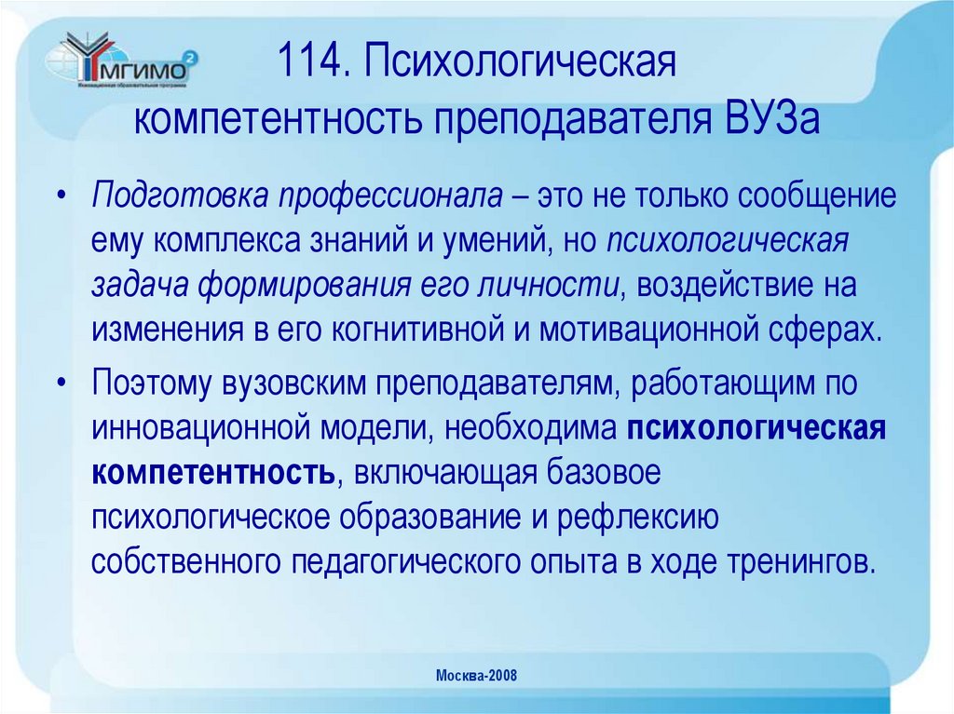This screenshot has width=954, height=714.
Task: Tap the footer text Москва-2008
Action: (478, 676)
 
